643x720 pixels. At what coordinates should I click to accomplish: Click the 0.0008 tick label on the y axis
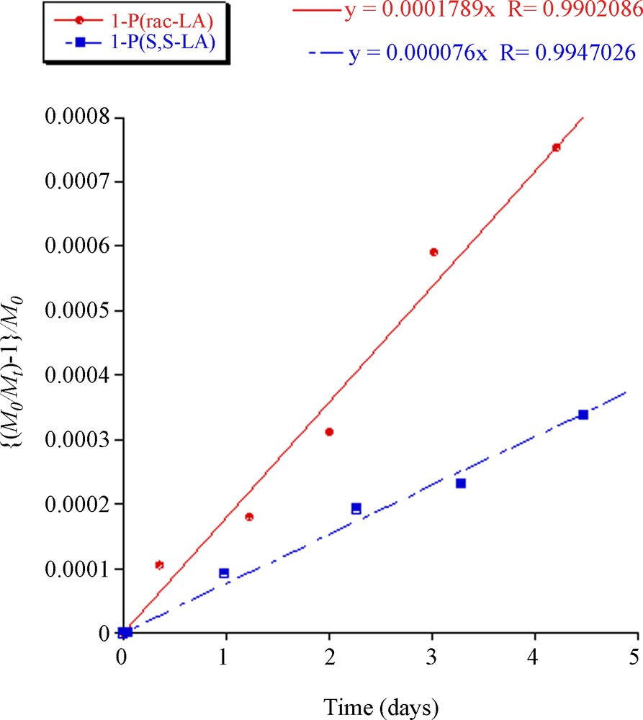tap(76, 117)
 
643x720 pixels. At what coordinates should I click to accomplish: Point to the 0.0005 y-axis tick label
tap(76, 310)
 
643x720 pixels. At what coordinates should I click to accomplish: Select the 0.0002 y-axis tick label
tap(76, 504)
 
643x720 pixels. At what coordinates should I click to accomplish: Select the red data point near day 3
tap(433, 252)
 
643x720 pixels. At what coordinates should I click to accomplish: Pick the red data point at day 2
tap(329, 432)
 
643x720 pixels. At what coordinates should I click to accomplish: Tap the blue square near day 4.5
tap(583, 415)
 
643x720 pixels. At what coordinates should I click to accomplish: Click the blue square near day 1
tap(224, 573)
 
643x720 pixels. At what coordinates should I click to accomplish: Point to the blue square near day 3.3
tap(461, 483)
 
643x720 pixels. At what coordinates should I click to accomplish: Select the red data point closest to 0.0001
tap(159, 565)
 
